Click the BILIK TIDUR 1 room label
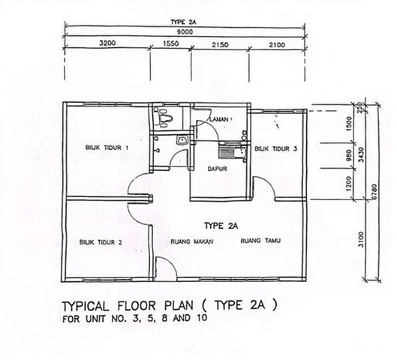pyautogui.click(x=107, y=148)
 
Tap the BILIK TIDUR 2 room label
pyautogui.click(x=101, y=242)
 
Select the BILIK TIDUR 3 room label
pyautogui.click(x=275, y=148)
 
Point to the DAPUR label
pyautogui.click(x=217, y=169)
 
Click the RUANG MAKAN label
pyautogui.click(x=191, y=241)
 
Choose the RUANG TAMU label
pyautogui.click(x=260, y=241)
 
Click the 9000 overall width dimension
pyautogui.click(x=185, y=32)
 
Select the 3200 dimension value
pyautogui.click(x=107, y=43)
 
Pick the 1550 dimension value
pyautogui.click(x=170, y=43)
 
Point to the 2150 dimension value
pyautogui.click(x=220, y=45)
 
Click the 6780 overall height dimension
pyautogui.click(x=375, y=192)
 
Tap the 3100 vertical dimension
pyautogui.click(x=361, y=239)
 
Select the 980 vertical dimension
pyautogui.click(x=349, y=155)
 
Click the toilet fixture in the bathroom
pyautogui.click(x=164, y=118)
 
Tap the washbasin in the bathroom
pyautogui.click(x=182, y=140)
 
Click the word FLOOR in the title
pyautogui.click(x=137, y=305)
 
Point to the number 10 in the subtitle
pyautogui.click(x=202, y=318)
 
